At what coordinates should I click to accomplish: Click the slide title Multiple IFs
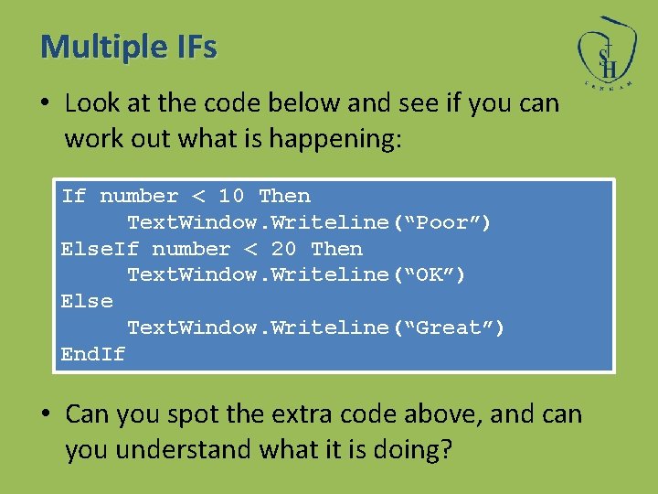pyautogui.click(x=129, y=46)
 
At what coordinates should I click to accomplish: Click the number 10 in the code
pyautogui.click(x=231, y=196)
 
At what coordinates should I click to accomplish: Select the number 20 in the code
pyautogui.click(x=284, y=249)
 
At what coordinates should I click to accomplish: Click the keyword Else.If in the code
pyautogui.click(x=100, y=249)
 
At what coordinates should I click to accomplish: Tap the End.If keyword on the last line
pyautogui.click(x=93, y=354)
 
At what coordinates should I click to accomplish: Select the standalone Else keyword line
pyautogui.click(x=87, y=301)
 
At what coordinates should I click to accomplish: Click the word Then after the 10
pyautogui.click(x=284, y=196)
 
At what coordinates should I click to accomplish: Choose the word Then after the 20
pyautogui.click(x=336, y=249)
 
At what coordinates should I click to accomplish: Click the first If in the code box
pyautogui.click(x=73, y=196)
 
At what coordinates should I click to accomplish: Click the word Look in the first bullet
pyautogui.click(x=93, y=103)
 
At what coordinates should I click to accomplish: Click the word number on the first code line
pyautogui.click(x=139, y=196)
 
